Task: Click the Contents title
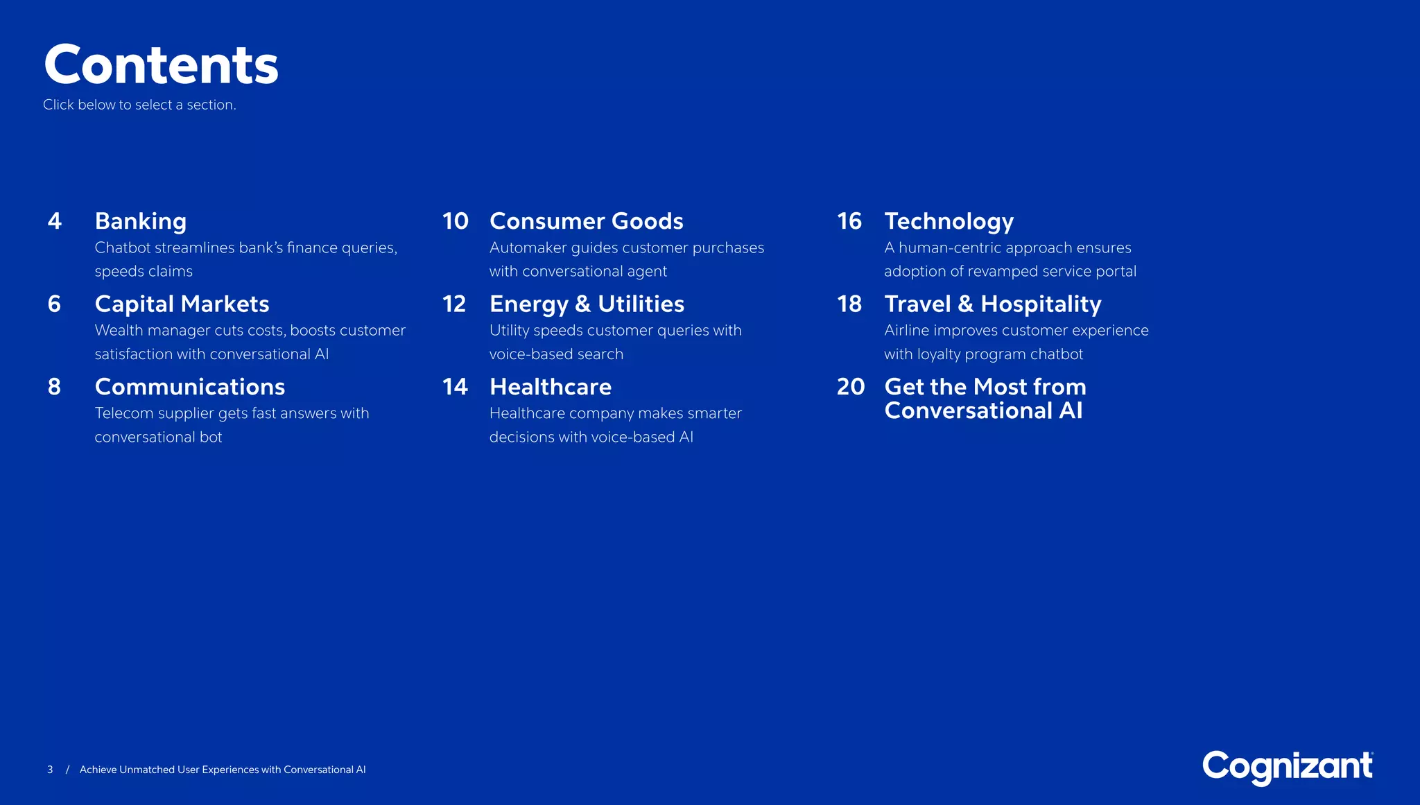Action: click(x=161, y=65)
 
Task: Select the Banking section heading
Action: click(x=141, y=221)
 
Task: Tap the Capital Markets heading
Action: click(x=182, y=304)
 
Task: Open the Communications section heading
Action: click(x=190, y=387)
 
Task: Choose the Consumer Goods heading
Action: click(x=586, y=221)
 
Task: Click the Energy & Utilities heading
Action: click(x=587, y=304)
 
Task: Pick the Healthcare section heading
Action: click(x=551, y=387)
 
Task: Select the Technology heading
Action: click(x=949, y=221)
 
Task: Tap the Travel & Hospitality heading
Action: click(x=992, y=304)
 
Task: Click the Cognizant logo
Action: click(x=1287, y=767)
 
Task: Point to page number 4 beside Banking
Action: click(x=55, y=221)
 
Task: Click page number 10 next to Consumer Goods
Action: click(x=456, y=221)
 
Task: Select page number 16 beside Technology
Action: click(x=849, y=221)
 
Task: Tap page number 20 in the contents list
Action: click(x=851, y=387)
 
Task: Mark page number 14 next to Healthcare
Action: click(x=455, y=387)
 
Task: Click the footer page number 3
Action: click(x=50, y=770)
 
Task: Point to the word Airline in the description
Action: click(x=906, y=331)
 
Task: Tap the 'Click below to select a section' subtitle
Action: click(x=139, y=105)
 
